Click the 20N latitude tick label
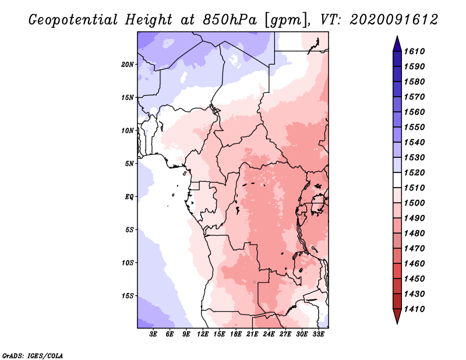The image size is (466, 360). pos(128,64)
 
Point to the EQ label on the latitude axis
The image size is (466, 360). pos(129,197)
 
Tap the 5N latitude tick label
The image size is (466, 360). pos(129,164)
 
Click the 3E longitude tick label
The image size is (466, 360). pos(153,334)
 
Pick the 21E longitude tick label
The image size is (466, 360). pos(252,334)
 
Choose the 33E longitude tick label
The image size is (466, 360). pos(318,334)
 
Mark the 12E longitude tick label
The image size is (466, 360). pos(202,334)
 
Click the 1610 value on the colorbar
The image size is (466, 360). pos(414,51)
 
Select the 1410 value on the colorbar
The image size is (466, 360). pos(414,309)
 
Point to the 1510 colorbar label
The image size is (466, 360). pos(414,188)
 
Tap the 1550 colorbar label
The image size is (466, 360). pos(414,127)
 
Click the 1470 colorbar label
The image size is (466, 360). pos(414,248)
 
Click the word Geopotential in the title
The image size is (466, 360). pos(73,20)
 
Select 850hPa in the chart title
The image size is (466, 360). pos(230,20)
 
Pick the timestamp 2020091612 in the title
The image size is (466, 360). pos(394,20)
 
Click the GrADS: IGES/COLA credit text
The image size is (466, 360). pos(33,355)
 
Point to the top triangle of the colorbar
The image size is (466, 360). pos(397,44)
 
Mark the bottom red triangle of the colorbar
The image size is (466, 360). pos(397,316)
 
